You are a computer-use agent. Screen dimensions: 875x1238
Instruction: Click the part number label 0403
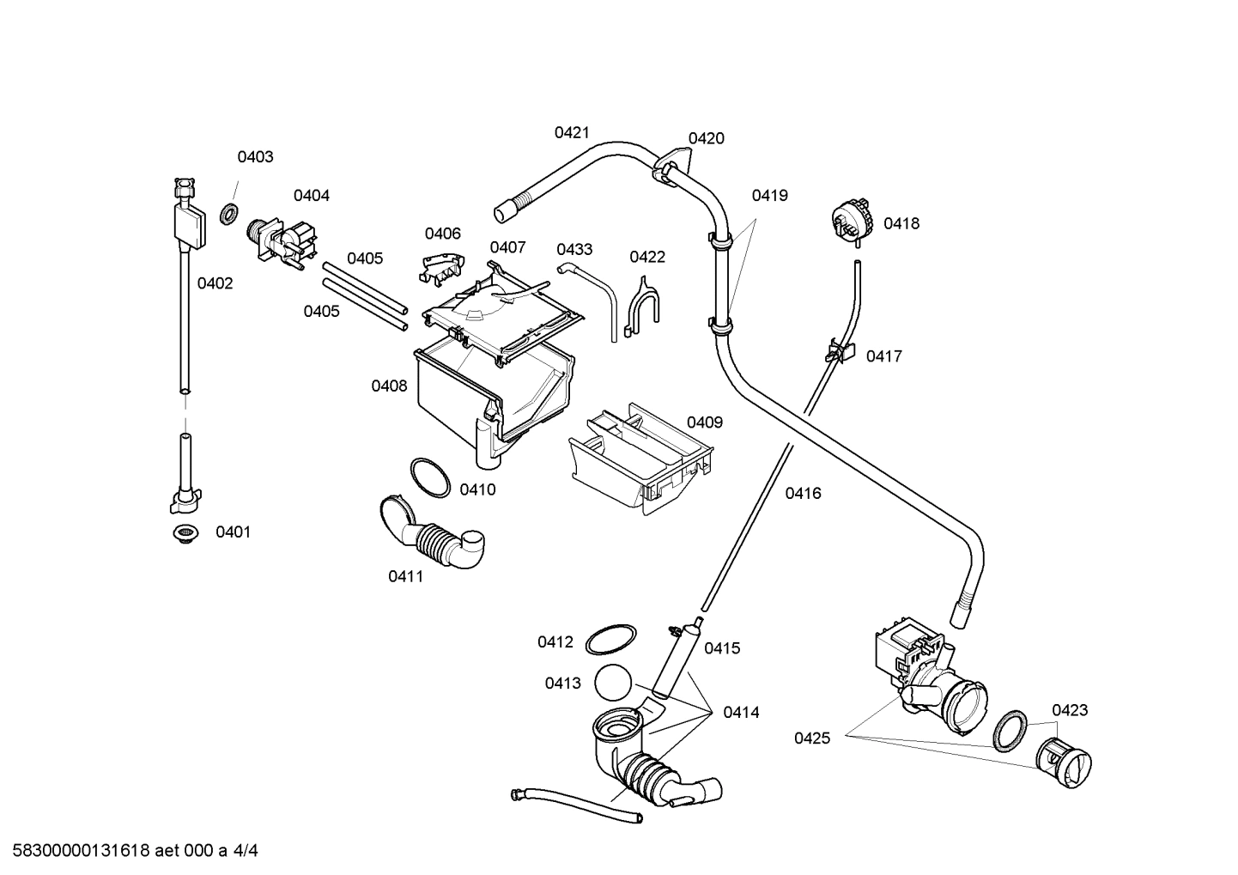pyautogui.click(x=255, y=156)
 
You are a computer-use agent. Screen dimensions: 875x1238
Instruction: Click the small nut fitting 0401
pyautogui.click(x=184, y=534)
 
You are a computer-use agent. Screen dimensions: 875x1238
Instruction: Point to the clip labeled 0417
pyautogui.click(x=841, y=351)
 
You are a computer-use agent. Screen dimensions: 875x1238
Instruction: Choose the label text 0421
pyautogui.click(x=572, y=132)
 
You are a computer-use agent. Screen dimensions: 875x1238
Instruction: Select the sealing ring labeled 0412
pyautogui.click(x=611, y=641)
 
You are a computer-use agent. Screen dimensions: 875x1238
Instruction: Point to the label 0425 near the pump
pyautogui.click(x=811, y=738)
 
